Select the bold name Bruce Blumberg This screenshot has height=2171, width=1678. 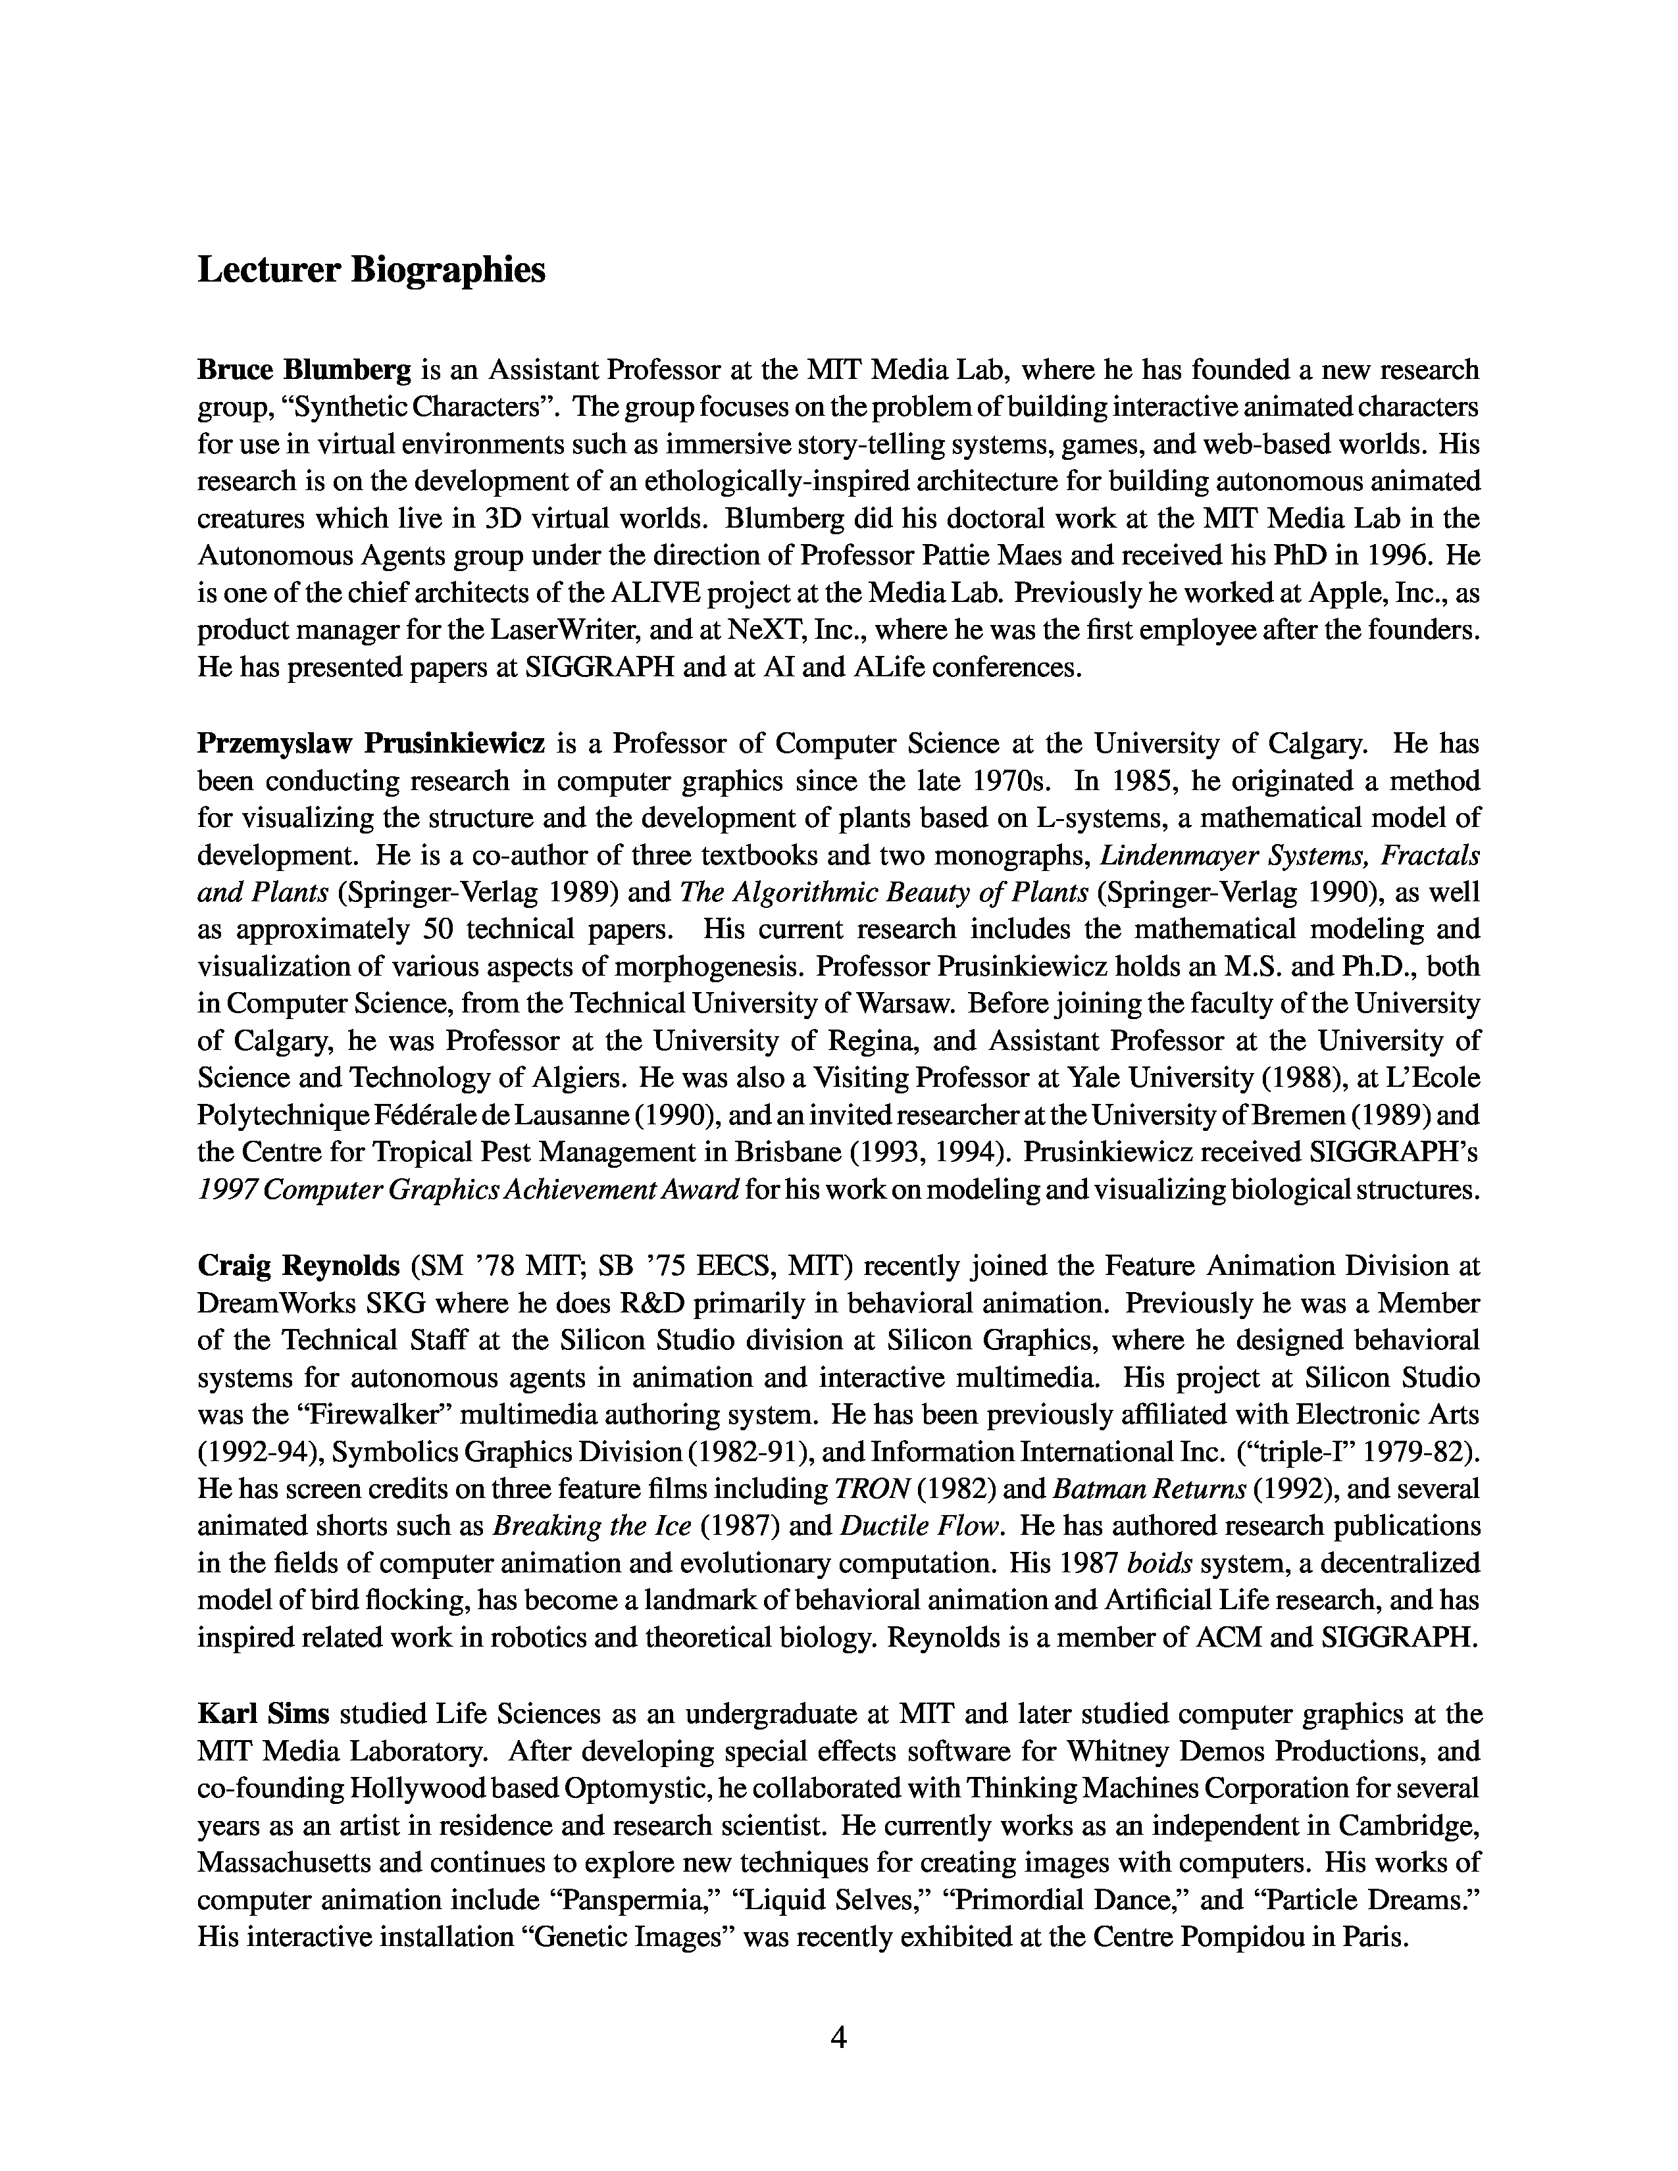coord(303,371)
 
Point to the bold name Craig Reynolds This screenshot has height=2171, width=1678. coord(298,1265)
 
